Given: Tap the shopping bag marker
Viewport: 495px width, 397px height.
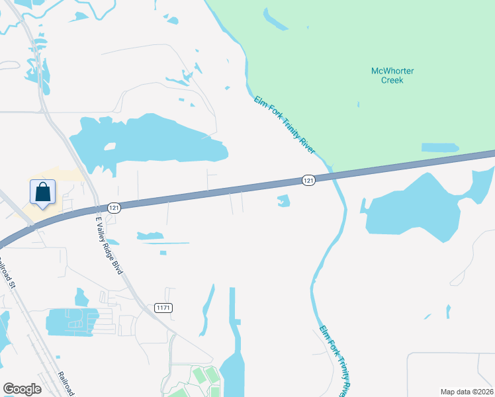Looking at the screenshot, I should click(42, 193).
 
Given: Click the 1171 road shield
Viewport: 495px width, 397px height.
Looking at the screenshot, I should click(163, 308).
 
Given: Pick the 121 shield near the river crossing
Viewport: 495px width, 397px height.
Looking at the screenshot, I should click(308, 180).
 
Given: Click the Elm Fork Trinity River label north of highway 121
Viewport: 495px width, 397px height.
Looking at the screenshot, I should click(285, 125).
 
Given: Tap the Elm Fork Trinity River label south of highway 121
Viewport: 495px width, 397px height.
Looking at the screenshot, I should click(335, 357).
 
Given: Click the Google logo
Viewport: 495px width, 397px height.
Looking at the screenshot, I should click(22, 389).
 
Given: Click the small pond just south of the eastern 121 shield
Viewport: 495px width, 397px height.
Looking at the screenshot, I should click(284, 200).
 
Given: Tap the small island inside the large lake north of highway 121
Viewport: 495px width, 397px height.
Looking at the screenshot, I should click(110, 146).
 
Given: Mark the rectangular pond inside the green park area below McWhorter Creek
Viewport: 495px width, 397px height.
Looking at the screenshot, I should click(439, 147).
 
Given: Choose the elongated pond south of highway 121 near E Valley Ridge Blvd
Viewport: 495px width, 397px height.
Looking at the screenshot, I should click(150, 236).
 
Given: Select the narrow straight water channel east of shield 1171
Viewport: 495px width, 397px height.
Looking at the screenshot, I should click(232, 308).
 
